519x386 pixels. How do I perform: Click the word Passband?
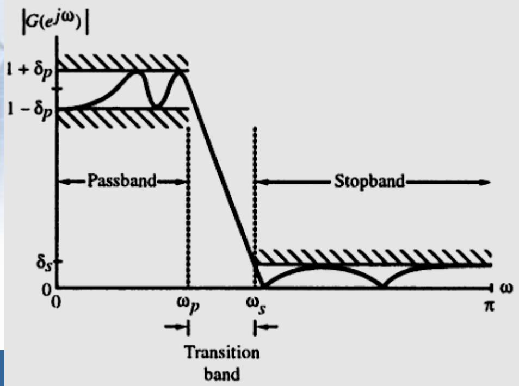(x=122, y=181)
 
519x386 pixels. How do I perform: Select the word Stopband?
(x=369, y=181)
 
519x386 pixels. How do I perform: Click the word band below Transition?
(x=222, y=373)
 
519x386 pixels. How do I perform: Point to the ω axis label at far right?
(x=506, y=287)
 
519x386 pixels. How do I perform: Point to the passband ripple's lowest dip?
(x=156, y=106)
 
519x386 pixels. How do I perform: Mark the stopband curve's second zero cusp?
(x=382, y=284)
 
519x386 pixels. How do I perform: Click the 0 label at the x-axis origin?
(x=55, y=302)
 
